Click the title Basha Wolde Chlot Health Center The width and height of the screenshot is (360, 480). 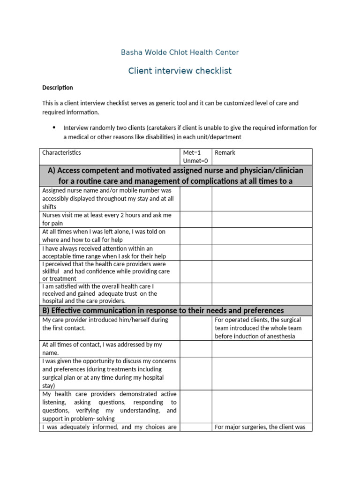(x=180, y=52)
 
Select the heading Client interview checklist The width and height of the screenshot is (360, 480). (x=180, y=71)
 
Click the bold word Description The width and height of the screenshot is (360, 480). (x=58, y=88)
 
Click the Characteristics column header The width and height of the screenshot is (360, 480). (x=61, y=153)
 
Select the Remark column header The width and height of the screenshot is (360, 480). (x=225, y=153)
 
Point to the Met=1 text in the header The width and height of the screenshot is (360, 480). (x=192, y=153)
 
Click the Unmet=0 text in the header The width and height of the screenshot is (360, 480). (x=195, y=161)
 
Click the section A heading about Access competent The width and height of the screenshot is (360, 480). (x=175, y=175)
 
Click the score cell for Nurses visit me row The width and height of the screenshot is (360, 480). (x=196, y=219)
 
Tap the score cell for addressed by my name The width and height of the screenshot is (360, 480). (x=196, y=349)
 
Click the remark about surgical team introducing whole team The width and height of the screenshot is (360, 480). (x=258, y=328)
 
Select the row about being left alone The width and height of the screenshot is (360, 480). (x=104, y=236)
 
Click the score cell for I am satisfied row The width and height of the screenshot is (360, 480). (x=196, y=294)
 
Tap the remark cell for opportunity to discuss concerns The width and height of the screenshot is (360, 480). (x=262, y=374)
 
